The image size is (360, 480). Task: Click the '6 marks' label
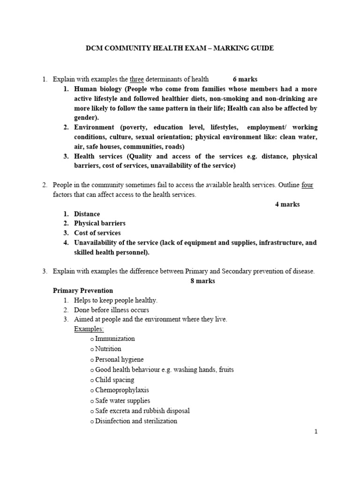[x=245, y=79]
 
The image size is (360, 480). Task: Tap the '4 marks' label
[x=287, y=204]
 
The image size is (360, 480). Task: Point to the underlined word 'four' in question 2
[x=307, y=185]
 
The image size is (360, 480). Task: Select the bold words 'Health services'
[x=97, y=156]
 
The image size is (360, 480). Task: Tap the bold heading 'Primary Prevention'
[x=83, y=291]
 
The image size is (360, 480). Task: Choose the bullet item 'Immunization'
[x=115, y=338]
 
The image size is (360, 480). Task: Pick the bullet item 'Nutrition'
[x=108, y=349]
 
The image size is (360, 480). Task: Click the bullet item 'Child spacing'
[x=114, y=380]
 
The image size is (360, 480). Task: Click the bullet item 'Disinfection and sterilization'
[x=136, y=421]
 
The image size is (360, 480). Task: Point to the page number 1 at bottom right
[x=316, y=432]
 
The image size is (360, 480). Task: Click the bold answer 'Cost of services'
[x=97, y=233]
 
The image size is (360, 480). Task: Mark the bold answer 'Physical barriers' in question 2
[x=99, y=223]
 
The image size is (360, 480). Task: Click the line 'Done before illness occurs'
[x=112, y=310]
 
